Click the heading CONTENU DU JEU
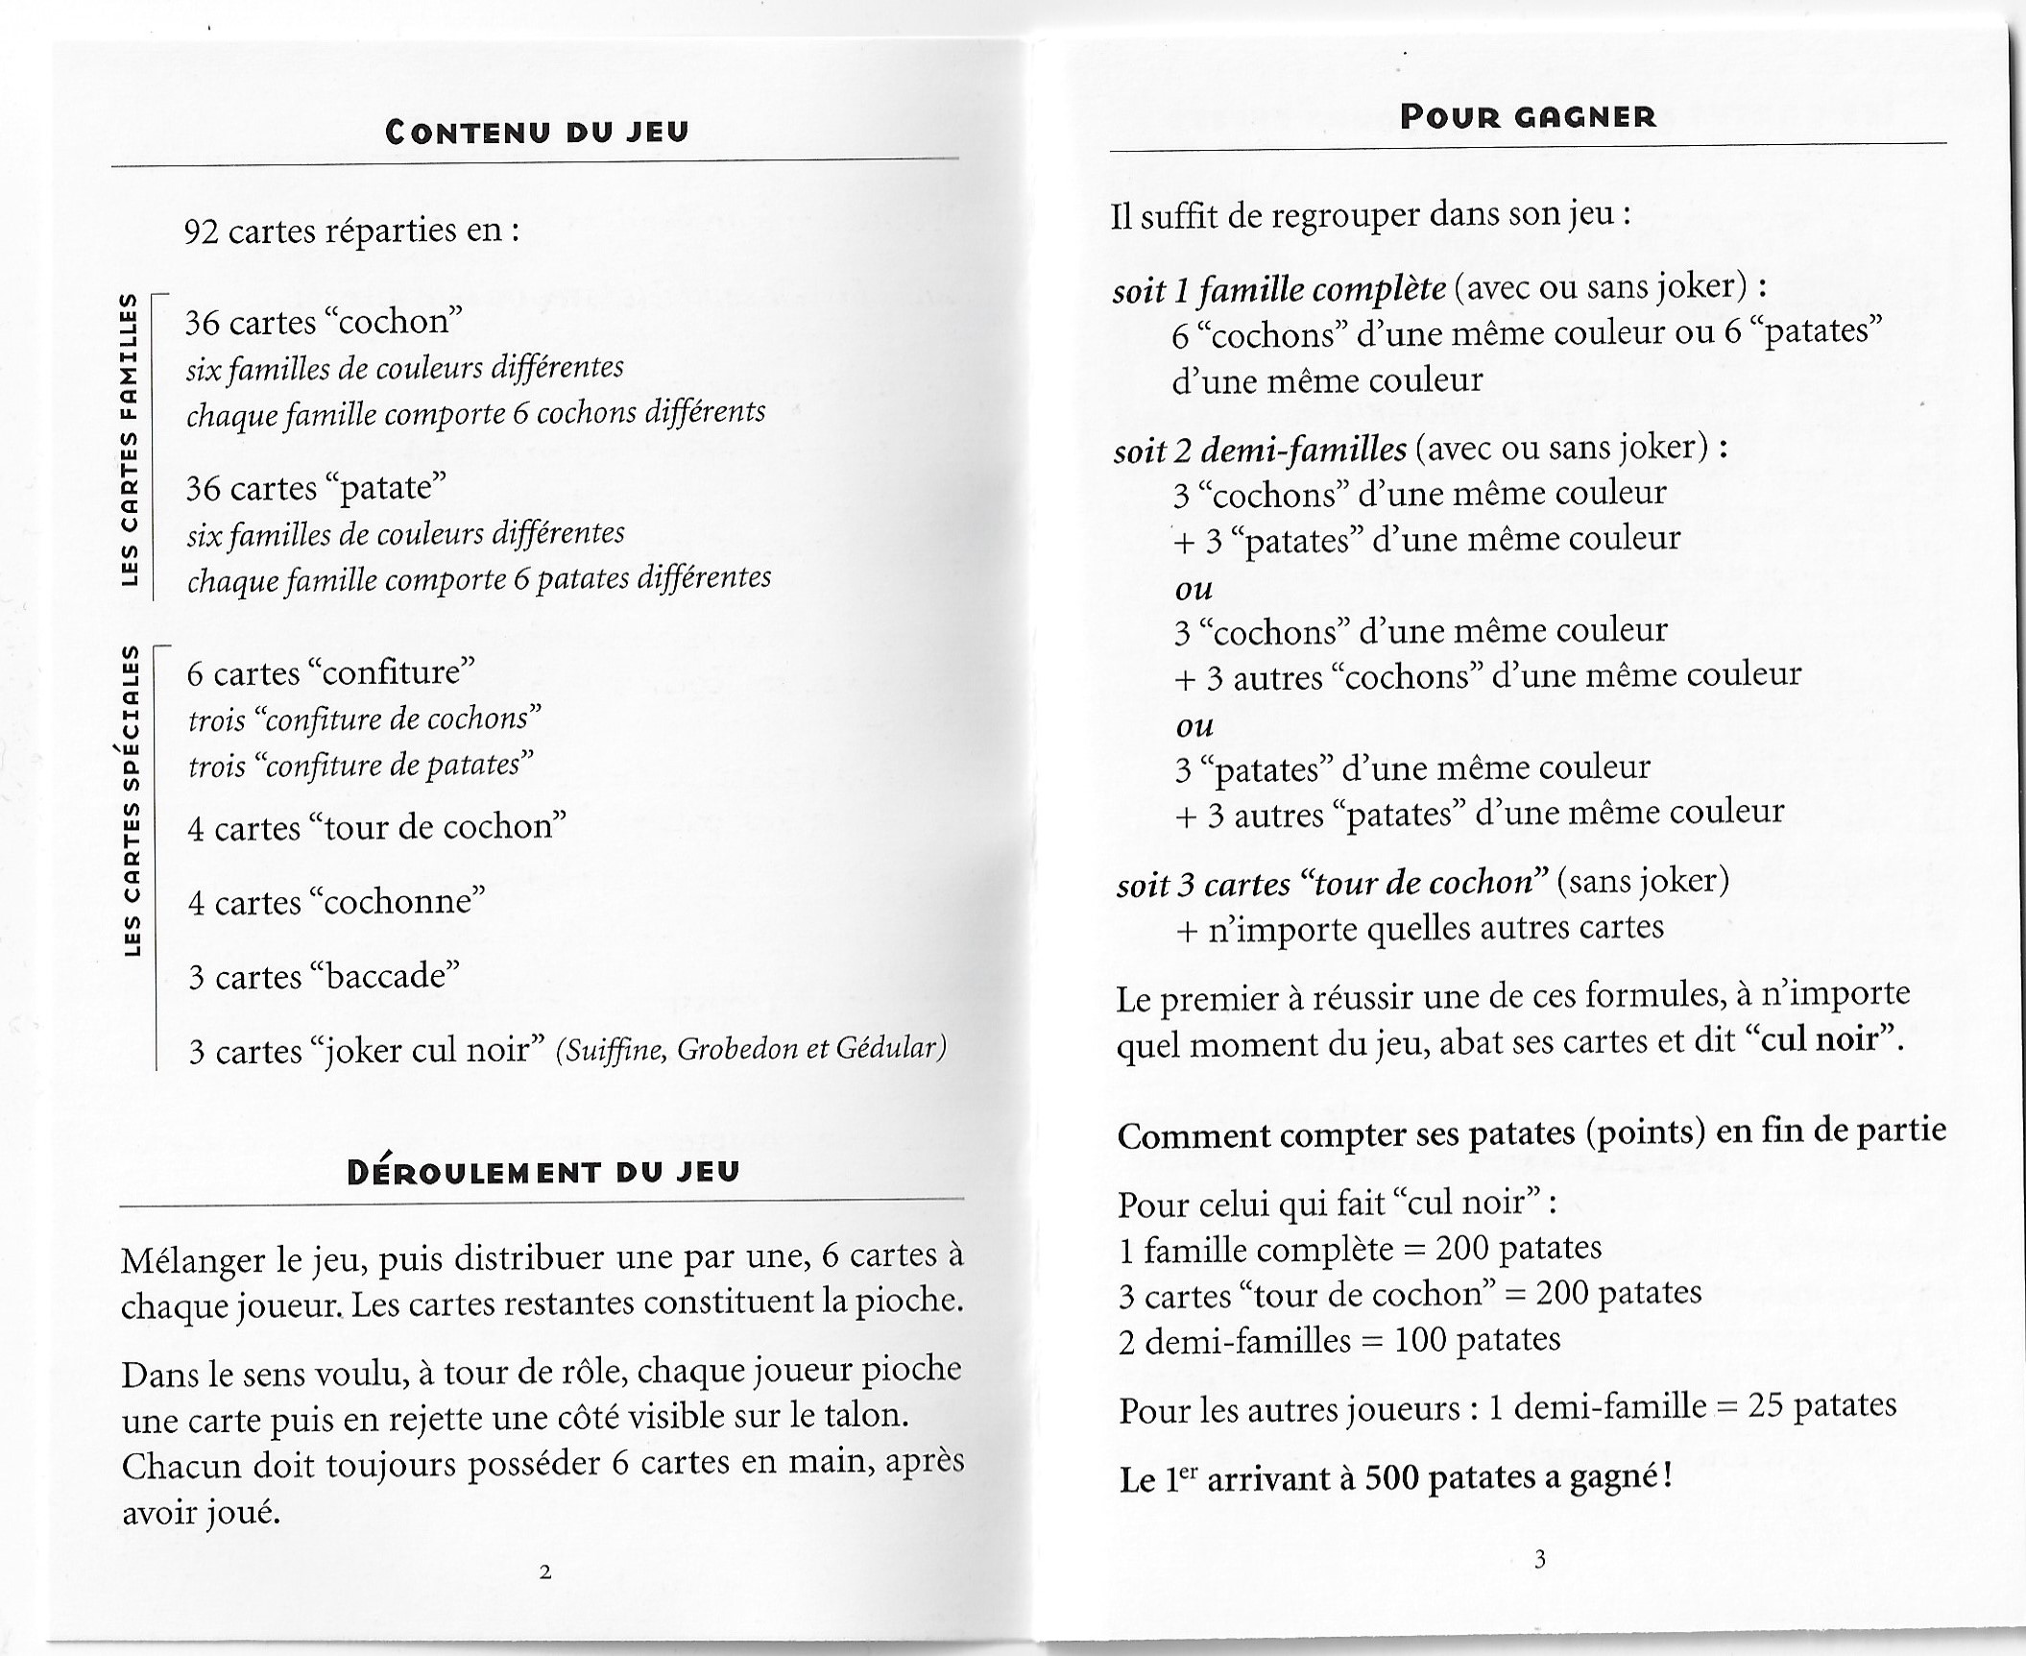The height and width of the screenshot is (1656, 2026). (537, 132)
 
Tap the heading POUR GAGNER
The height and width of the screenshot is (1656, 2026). (1528, 117)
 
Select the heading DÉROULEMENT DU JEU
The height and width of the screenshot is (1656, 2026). (543, 1172)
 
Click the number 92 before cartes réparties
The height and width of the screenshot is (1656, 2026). (202, 231)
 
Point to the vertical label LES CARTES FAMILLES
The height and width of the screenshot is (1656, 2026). (129, 440)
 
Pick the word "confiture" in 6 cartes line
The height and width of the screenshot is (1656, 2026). (390, 671)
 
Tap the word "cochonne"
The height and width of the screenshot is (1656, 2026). (397, 901)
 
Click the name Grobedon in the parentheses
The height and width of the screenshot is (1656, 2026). (736, 1048)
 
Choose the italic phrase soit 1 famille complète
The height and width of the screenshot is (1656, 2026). (1279, 288)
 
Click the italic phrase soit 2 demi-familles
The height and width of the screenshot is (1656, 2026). (1260, 449)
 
